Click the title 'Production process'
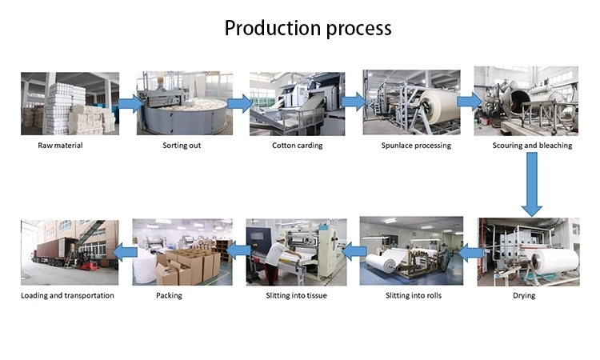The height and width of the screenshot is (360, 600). click(x=308, y=28)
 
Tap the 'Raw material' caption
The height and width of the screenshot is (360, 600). click(x=60, y=146)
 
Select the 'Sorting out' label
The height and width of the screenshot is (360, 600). click(x=182, y=146)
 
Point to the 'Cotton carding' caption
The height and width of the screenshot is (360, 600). click(x=298, y=146)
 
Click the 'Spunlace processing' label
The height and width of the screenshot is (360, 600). click(x=416, y=146)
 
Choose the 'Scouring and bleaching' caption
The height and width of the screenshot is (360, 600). click(x=532, y=146)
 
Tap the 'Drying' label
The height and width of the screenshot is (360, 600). click(x=524, y=295)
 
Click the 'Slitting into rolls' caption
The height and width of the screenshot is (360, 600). click(x=414, y=295)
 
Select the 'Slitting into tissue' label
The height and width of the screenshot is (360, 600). click(x=297, y=295)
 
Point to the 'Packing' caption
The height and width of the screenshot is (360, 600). click(x=169, y=295)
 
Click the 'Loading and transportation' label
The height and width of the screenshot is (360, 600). click(x=67, y=295)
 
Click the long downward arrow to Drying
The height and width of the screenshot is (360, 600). click(x=531, y=184)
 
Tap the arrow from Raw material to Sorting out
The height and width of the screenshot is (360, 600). click(x=130, y=103)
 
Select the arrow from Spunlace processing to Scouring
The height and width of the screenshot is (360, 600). click(x=470, y=102)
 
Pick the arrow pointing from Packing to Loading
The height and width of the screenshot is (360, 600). click(x=125, y=252)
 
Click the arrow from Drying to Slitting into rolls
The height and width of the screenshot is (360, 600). click(x=470, y=253)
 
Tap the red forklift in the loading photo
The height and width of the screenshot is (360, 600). click(x=87, y=262)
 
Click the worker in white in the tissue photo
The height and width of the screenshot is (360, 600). click(x=278, y=260)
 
